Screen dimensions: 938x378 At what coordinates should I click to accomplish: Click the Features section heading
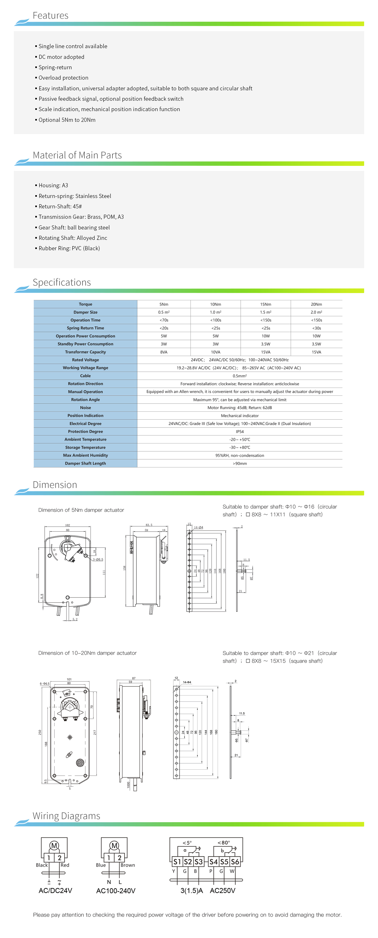50,16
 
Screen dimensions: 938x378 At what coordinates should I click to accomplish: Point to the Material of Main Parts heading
77,155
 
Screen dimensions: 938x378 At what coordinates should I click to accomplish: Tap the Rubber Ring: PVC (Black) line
69,248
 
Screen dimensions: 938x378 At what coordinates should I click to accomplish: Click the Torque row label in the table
85,304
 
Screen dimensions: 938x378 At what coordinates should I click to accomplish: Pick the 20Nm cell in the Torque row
316,304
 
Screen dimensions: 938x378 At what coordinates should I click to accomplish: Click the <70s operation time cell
164,320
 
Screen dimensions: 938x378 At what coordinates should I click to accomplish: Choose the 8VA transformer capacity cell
164,352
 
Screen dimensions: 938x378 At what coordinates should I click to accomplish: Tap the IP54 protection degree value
239,432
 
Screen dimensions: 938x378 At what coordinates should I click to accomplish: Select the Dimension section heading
55,485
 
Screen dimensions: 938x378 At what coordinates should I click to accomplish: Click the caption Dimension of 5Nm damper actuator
81,510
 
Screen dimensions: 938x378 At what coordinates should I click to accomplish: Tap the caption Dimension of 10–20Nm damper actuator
87,653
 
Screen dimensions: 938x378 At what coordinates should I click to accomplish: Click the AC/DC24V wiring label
55,890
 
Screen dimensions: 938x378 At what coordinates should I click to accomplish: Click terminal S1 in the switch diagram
177,862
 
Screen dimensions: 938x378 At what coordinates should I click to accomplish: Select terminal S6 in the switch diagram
235,862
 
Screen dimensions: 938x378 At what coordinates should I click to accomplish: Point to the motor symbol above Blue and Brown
114,845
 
